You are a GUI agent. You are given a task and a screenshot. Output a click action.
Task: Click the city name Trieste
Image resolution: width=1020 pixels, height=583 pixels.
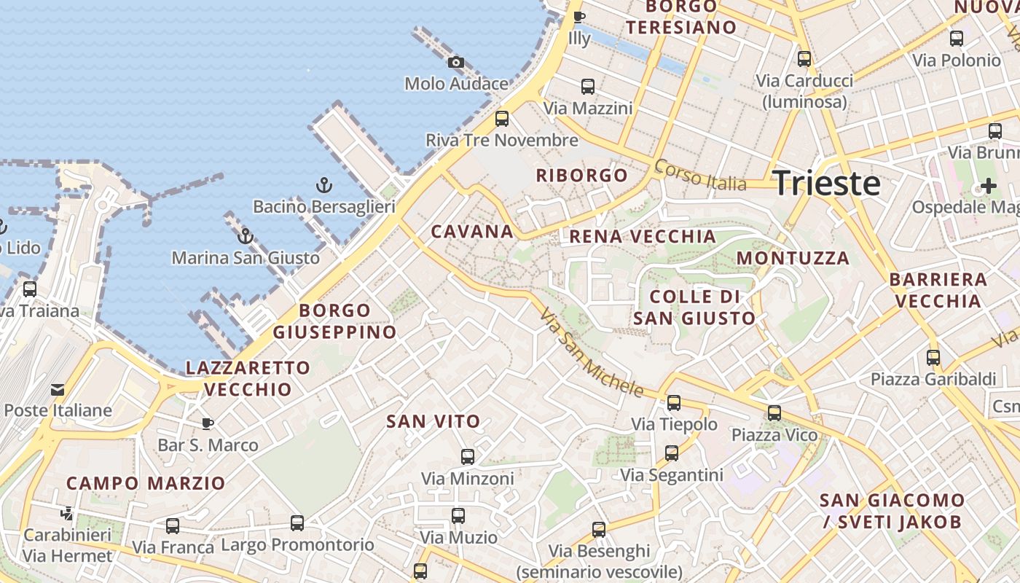pyautogui.click(x=826, y=183)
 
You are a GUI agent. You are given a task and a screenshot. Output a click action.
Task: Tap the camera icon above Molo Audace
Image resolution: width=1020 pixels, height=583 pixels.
pyautogui.click(x=456, y=63)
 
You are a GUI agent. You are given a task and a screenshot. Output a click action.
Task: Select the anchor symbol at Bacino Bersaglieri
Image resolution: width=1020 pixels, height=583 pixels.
pyautogui.click(x=324, y=185)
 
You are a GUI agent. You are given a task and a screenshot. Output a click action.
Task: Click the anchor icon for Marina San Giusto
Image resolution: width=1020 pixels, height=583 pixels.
pyautogui.click(x=246, y=236)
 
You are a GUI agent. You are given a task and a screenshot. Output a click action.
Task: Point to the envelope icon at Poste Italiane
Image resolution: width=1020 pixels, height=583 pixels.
pyautogui.click(x=58, y=389)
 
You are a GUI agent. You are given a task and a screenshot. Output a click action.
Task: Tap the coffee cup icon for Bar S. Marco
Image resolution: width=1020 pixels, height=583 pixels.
pyautogui.click(x=208, y=423)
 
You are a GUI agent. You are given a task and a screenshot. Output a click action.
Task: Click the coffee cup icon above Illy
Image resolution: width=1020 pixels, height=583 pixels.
pyautogui.click(x=579, y=17)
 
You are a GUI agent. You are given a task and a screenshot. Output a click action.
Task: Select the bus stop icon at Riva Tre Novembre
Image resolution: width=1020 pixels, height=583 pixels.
pyautogui.click(x=501, y=118)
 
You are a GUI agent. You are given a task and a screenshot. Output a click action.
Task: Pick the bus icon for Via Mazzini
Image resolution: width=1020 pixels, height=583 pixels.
pyautogui.click(x=588, y=87)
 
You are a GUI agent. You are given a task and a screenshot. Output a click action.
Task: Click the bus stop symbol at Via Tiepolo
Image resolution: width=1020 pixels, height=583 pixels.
pyautogui.click(x=674, y=402)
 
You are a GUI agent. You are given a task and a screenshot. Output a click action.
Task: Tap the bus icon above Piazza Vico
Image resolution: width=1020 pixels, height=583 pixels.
pyautogui.click(x=774, y=413)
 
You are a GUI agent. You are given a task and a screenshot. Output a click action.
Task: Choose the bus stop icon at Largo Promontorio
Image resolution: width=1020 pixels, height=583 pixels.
pyautogui.click(x=297, y=523)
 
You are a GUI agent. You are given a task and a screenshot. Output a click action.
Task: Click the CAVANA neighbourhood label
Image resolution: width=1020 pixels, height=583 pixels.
pyautogui.click(x=472, y=232)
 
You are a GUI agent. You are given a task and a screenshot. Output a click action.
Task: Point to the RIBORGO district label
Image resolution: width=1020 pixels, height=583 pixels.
pyautogui.click(x=581, y=175)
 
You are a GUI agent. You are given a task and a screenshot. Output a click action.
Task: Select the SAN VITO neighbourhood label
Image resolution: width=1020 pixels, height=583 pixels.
pyautogui.click(x=433, y=421)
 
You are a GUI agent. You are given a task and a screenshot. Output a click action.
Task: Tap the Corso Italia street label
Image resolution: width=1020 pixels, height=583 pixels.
pyautogui.click(x=700, y=176)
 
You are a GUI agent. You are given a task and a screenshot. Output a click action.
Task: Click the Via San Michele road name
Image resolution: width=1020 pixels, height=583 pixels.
pyautogui.click(x=592, y=353)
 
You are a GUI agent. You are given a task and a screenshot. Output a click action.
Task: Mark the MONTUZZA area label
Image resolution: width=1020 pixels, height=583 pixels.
pyautogui.click(x=793, y=258)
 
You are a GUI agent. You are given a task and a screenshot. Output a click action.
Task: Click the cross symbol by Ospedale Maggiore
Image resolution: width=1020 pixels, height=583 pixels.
pyautogui.click(x=988, y=186)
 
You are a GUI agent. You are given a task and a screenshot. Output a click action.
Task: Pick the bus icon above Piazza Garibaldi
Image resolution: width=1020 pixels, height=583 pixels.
pyautogui.click(x=933, y=358)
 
